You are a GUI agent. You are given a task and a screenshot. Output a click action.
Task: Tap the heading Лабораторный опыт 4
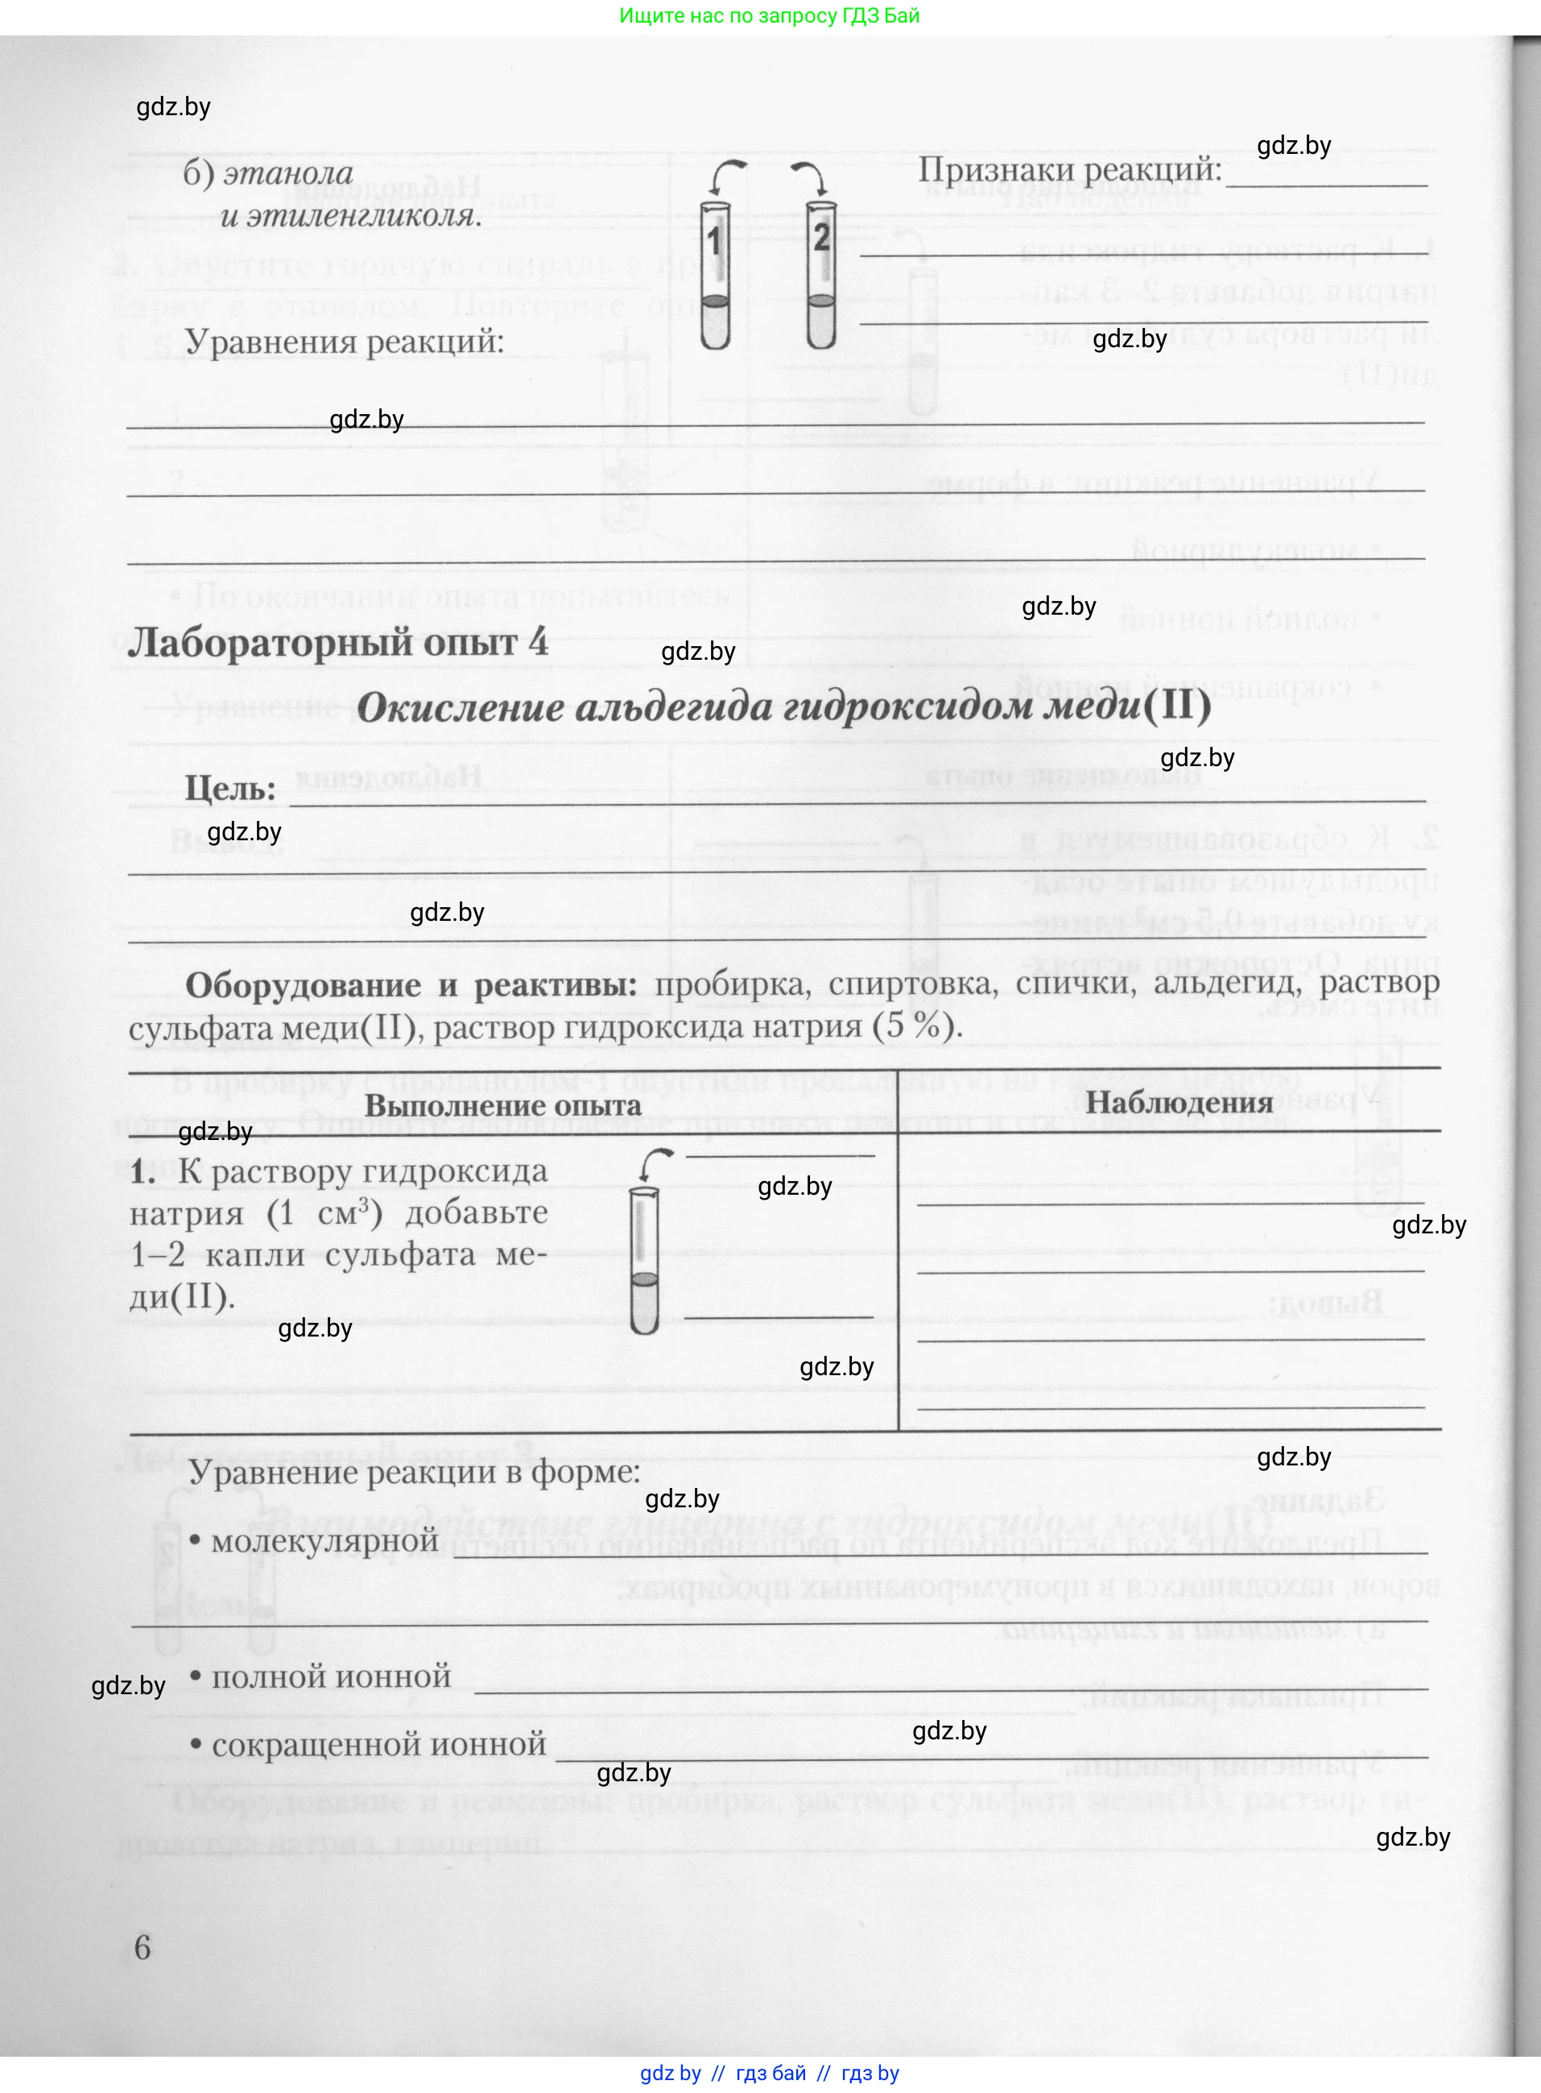(x=337, y=643)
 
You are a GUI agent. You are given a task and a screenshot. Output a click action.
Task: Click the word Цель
(x=229, y=789)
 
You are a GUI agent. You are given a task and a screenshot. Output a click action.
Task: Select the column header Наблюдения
(x=1179, y=1102)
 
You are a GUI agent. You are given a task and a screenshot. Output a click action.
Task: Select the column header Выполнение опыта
(x=502, y=1106)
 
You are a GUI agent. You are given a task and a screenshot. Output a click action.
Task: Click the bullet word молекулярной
(x=324, y=1540)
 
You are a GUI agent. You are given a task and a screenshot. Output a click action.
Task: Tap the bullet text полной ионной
(x=331, y=1676)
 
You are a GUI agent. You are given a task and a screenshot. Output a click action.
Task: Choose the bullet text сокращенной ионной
(x=378, y=1743)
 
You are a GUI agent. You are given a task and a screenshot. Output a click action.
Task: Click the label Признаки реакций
(x=1069, y=170)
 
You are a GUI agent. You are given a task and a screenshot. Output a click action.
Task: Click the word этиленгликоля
(x=349, y=216)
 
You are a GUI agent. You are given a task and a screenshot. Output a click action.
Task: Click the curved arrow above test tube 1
(x=729, y=171)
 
